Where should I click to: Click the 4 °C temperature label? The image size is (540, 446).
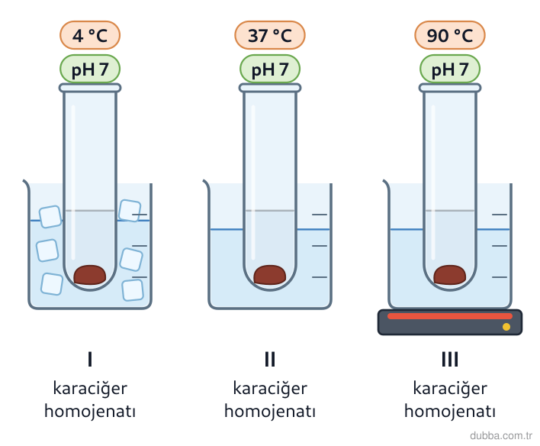click(x=90, y=35)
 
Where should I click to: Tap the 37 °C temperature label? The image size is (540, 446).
click(x=270, y=35)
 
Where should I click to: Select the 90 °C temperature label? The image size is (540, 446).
click(x=450, y=35)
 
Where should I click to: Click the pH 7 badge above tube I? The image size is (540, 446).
click(x=90, y=69)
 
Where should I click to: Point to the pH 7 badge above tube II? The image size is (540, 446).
click(x=270, y=69)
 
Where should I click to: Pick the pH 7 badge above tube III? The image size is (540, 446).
click(x=450, y=69)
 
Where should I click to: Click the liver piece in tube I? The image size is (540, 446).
click(x=90, y=275)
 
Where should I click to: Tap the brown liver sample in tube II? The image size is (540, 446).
click(x=270, y=275)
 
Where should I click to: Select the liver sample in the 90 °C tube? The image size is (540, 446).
click(x=450, y=275)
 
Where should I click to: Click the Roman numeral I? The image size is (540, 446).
click(x=90, y=359)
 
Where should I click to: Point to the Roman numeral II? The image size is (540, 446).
click(x=270, y=359)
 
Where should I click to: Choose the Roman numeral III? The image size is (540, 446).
click(x=450, y=359)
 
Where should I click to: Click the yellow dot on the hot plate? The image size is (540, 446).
click(x=506, y=327)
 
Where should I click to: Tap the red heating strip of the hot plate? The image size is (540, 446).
click(x=450, y=316)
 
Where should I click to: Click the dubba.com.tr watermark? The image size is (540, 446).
click(x=501, y=435)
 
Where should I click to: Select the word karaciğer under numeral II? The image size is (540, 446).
click(x=270, y=389)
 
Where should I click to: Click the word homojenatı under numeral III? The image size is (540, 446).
click(x=450, y=411)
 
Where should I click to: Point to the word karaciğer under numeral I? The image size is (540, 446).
click(x=90, y=389)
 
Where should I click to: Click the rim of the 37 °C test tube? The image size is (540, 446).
click(x=270, y=88)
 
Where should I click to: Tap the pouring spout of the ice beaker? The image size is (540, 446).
click(x=26, y=183)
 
